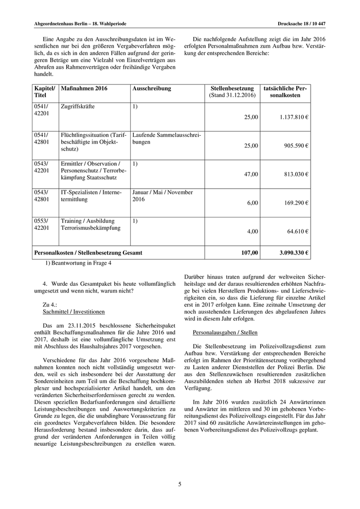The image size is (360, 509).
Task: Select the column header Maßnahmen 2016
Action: pos(84,89)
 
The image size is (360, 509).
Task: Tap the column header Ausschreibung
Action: pos(152,89)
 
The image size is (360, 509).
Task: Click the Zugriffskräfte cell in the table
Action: pos(78,106)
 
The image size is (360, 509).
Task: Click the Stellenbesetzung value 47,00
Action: pos(251,174)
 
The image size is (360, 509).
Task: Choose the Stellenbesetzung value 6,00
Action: pos(253,203)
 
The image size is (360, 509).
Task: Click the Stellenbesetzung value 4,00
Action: pos(253,232)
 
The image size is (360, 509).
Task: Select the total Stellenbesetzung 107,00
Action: pos(249,253)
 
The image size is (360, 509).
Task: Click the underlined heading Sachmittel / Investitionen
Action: pos(74,312)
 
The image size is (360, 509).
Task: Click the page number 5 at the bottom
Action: pos(180,484)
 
